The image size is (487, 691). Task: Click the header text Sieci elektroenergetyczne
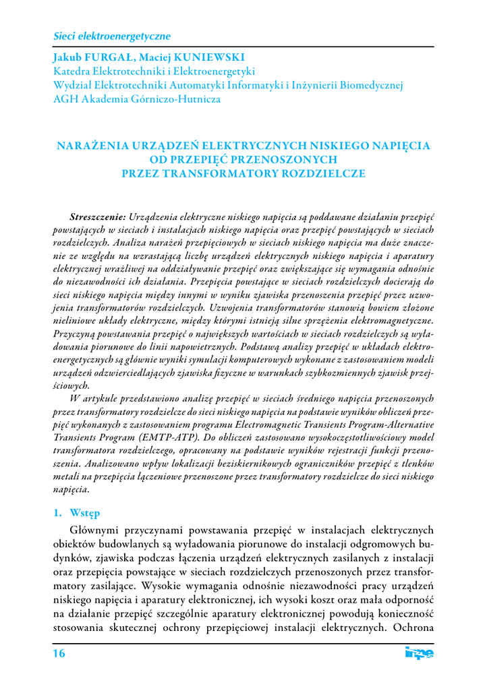111,35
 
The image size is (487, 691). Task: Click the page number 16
59,654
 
